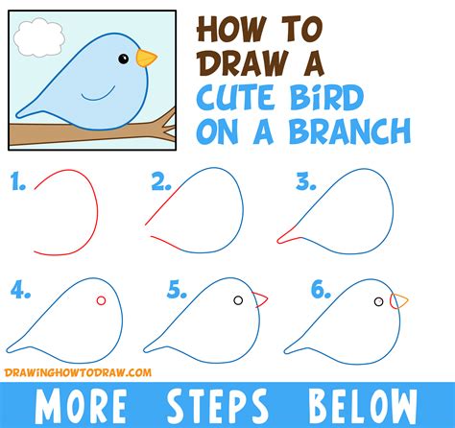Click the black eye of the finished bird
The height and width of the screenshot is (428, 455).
pos(123,59)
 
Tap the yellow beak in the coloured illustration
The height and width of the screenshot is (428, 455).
pos(146,58)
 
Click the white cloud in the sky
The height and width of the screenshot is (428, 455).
pos(38,37)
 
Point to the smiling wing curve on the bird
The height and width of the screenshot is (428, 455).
pos(98,94)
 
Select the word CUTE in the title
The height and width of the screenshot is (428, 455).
pos(235,98)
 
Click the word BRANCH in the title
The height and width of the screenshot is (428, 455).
pos(349,131)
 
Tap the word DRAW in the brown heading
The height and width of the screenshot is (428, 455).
pos(242,63)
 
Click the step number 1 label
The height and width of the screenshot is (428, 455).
pos(17,181)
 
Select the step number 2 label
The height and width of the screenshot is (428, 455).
pos(161,182)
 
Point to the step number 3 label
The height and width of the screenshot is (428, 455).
pos(306,182)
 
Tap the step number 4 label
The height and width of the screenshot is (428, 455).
pos(21,290)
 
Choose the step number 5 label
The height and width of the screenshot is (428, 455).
pos(177,290)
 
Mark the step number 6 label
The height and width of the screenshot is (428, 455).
pos(321,290)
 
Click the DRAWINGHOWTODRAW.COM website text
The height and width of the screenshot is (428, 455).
pos(78,372)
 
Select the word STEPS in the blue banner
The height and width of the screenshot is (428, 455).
pos(217,405)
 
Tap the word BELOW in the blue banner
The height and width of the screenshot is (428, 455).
pos(363,405)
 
